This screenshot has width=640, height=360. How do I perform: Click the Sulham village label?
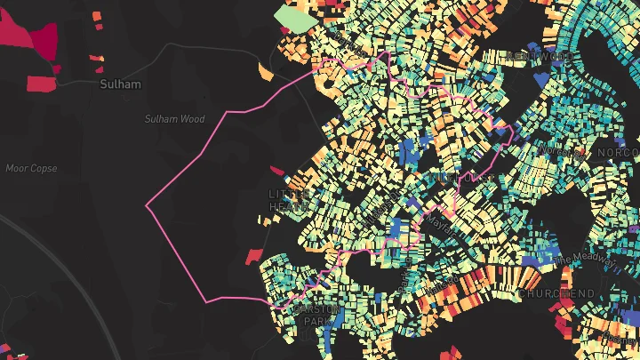pyautogui.click(x=119, y=84)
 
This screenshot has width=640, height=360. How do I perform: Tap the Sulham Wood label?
pyautogui.click(x=174, y=119)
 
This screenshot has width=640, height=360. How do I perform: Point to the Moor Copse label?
pyautogui.click(x=30, y=168)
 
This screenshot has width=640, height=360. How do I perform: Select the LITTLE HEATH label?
pyautogui.click(x=288, y=200)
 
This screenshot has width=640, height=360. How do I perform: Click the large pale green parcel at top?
pyautogui.click(x=289, y=17)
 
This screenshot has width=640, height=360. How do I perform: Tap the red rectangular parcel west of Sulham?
pyautogui.click(x=41, y=84)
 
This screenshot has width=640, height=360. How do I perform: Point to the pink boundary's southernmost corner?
pyautogui.click(x=206, y=302)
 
